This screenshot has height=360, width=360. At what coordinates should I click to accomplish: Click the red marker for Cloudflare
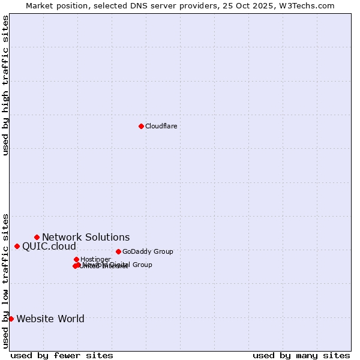(141, 126)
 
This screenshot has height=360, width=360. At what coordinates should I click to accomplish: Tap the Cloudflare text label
(161, 126)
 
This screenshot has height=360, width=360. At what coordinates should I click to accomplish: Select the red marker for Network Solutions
(37, 237)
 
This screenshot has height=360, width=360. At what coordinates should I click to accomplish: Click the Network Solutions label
(86, 237)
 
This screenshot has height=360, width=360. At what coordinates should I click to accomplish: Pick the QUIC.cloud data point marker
(17, 246)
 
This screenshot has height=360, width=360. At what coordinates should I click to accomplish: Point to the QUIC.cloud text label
(49, 246)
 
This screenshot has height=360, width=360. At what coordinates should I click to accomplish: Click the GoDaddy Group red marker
(118, 251)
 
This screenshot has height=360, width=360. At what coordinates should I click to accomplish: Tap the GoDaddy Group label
(148, 251)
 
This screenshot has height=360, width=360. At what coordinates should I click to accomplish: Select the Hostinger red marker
(76, 259)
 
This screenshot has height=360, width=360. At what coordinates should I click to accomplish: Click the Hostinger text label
(95, 259)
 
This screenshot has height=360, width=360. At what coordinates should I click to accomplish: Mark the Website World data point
(11, 319)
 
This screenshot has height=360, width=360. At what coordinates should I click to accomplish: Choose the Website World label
(50, 319)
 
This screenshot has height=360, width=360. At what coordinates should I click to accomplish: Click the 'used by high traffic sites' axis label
(5, 85)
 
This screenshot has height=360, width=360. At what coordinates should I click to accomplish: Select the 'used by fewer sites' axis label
(62, 355)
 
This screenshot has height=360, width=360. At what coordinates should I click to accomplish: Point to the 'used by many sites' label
(301, 355)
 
